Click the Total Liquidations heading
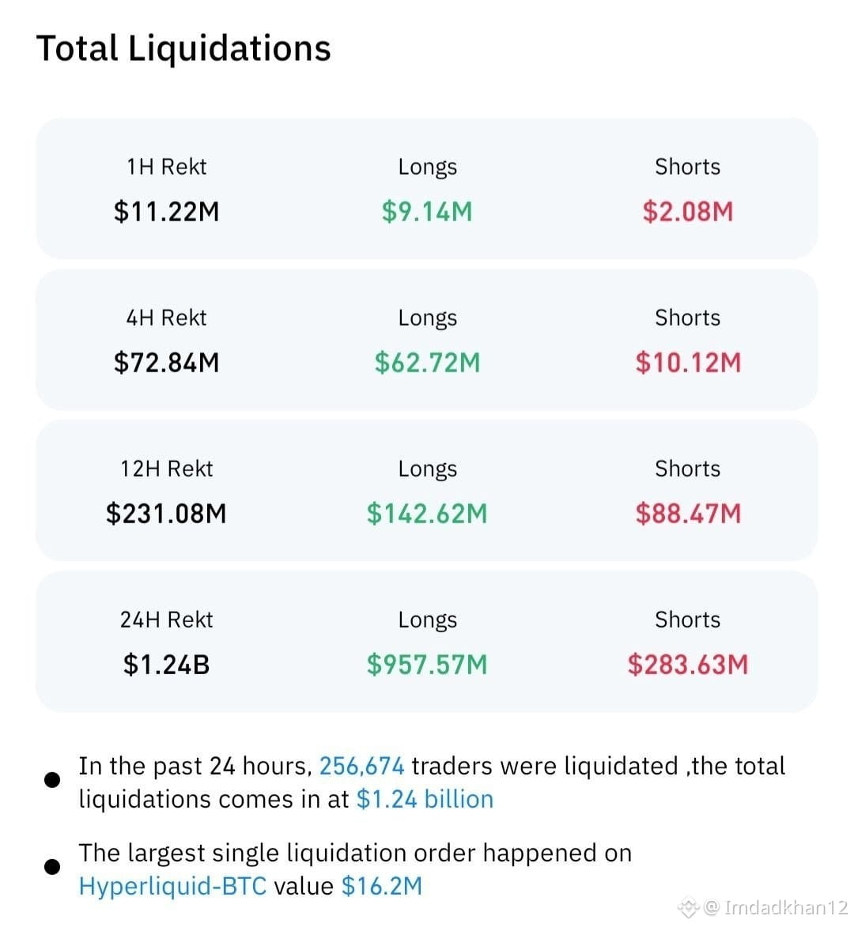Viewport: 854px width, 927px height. (183, 49)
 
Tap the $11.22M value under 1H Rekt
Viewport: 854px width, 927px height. (167, 212)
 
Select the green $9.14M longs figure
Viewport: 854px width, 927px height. (427, 212)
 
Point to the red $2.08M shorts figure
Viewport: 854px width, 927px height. (688, 212)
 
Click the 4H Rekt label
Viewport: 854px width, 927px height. (167, 318)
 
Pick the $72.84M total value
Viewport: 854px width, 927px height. (167, 363)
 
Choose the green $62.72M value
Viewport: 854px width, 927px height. (427, 363)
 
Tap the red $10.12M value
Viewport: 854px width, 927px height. (688, 363)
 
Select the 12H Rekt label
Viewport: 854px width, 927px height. (167, 469)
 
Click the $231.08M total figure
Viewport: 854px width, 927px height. (167, 513)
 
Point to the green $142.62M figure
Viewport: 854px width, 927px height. (427, 513)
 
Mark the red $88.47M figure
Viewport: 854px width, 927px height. (688, 513)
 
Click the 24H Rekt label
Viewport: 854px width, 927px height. (167, 620)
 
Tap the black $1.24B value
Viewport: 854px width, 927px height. (167, 665)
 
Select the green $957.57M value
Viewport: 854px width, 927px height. (427, 665)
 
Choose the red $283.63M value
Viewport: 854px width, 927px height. (688, 665)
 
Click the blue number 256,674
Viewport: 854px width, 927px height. (362, 767)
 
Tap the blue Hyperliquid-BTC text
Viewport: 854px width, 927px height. (172, 886)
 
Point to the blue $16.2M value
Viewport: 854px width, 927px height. (382, 886)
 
